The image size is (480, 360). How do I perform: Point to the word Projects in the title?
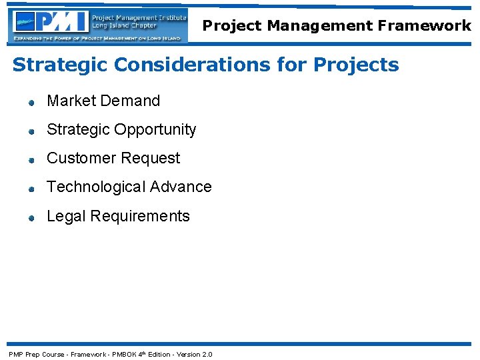pos(356,65)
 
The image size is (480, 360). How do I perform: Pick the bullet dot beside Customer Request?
pos(31,160)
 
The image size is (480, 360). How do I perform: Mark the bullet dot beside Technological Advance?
pos(31,189)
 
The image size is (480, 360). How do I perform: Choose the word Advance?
pos(181,187)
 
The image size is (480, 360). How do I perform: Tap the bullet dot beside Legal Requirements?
pos(31,218)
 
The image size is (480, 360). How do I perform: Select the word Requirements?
pos(140,217)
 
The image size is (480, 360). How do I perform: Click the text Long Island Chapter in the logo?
pos(125,26)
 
